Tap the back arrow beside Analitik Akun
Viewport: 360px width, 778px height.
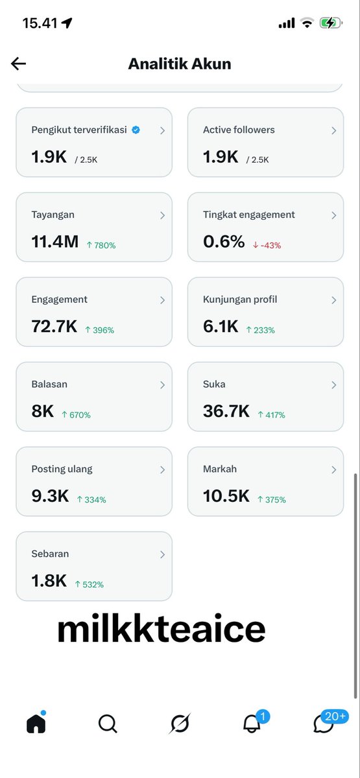coord(18,64)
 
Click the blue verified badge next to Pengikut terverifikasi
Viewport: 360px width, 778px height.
coord(136,130)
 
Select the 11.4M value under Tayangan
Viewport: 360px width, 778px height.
coord(55,241)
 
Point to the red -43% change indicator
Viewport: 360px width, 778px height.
coord(267,245)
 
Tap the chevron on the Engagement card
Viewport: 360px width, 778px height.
coord(162,300)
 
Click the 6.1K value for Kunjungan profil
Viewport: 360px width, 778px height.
coord(221,326)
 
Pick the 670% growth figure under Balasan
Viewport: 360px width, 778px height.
coord(76,415)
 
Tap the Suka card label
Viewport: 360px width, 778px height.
coord(214,384)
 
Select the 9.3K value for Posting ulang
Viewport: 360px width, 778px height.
coord(50,495)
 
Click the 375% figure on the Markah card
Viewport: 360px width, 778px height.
coord(272,499)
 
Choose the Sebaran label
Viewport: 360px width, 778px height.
coord(50,554)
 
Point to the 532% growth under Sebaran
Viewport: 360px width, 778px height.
coord(90,584)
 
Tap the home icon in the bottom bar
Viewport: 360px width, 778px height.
coord(36,723)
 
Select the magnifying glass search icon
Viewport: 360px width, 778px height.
coord(108,724)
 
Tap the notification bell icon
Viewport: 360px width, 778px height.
coord(251,724)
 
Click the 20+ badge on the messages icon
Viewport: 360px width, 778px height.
coord(335,716)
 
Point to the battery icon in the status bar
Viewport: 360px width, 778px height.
coord(331,23)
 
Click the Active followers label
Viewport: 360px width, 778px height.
coord(239,130)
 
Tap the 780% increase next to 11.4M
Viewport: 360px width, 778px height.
coord(101,245)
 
